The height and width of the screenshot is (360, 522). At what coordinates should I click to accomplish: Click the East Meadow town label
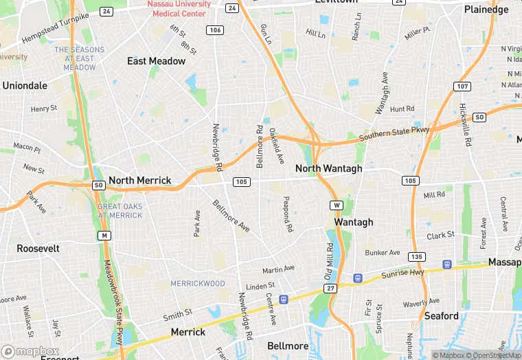tap(156, 61)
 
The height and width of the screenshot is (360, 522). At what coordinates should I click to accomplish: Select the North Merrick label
tap(140, 181)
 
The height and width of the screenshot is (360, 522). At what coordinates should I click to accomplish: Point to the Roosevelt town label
tap(38, 248)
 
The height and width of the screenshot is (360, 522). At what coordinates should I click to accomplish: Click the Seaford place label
tap(441, 316)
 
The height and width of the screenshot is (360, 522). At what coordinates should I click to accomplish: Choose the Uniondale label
tap(25, 86)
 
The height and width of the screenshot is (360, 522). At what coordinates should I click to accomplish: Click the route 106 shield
tap(215, 30)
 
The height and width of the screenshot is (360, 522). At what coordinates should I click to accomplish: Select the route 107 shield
tap(462, 86)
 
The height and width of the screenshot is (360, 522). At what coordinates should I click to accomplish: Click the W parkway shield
tap(337, 205)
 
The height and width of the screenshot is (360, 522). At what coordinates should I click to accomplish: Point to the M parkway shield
tap(104, 236)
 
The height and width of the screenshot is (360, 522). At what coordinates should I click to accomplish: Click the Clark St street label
tap(441, 235)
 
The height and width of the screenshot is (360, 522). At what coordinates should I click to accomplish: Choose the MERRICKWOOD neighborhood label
tap(198, 283)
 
